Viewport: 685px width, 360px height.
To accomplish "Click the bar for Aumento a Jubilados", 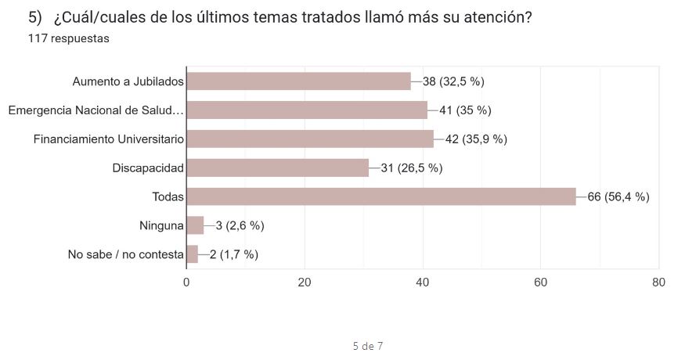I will pos(298,81).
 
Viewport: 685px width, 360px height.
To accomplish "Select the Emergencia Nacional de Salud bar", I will pos(307,110).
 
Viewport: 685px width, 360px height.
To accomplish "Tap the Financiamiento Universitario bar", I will pos(310,139).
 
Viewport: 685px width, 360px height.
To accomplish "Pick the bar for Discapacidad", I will pos(277,168).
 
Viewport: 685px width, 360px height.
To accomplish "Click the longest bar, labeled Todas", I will pos(380,196).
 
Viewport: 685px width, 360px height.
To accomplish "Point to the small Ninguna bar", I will pos(195,225).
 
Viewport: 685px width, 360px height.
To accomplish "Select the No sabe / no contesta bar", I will pos(193,254).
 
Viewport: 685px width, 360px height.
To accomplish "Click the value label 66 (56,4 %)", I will pos(618,197).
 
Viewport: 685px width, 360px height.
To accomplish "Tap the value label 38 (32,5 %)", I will pos(453,81).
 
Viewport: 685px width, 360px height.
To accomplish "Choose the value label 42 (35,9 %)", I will pos(477,139).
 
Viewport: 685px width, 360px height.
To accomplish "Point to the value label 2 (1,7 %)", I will pos(234,254).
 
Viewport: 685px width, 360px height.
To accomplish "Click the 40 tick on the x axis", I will pos(424,283).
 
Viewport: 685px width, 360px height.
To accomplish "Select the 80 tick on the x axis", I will pos(659,283).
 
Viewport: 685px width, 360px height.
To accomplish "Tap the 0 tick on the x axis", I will pos(186,283).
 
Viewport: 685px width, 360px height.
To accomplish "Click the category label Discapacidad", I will pos(148,168).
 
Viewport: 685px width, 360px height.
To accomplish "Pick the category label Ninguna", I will pos(160,225).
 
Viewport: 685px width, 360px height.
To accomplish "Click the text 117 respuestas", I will pos(68,38).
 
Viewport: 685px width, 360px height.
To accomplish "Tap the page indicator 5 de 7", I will pos(367,345).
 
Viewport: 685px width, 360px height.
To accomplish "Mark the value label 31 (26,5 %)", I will pos(412,168).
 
